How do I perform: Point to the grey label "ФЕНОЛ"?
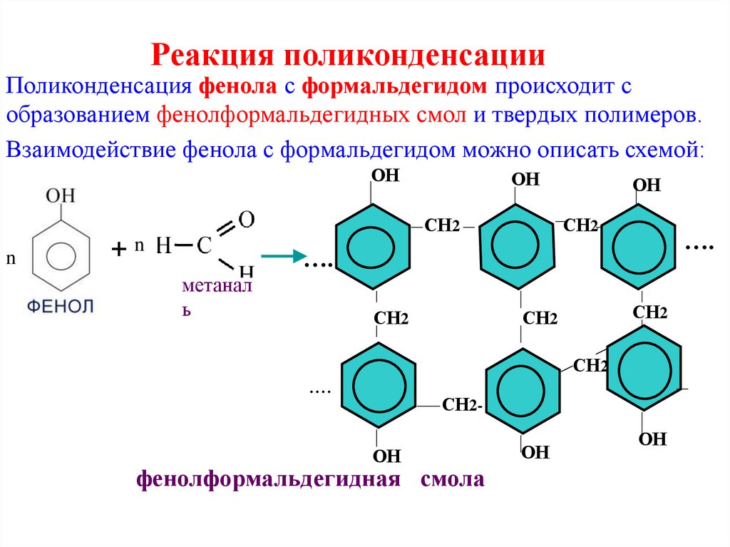(61, 307)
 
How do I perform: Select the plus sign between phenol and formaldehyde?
(118, 249)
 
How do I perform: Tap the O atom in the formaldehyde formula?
(246, 220)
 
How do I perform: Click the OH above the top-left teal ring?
(384, 175)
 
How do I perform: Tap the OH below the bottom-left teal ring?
(387, 456)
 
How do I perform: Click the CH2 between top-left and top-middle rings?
(442, 226)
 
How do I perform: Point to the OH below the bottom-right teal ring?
(652, 439)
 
